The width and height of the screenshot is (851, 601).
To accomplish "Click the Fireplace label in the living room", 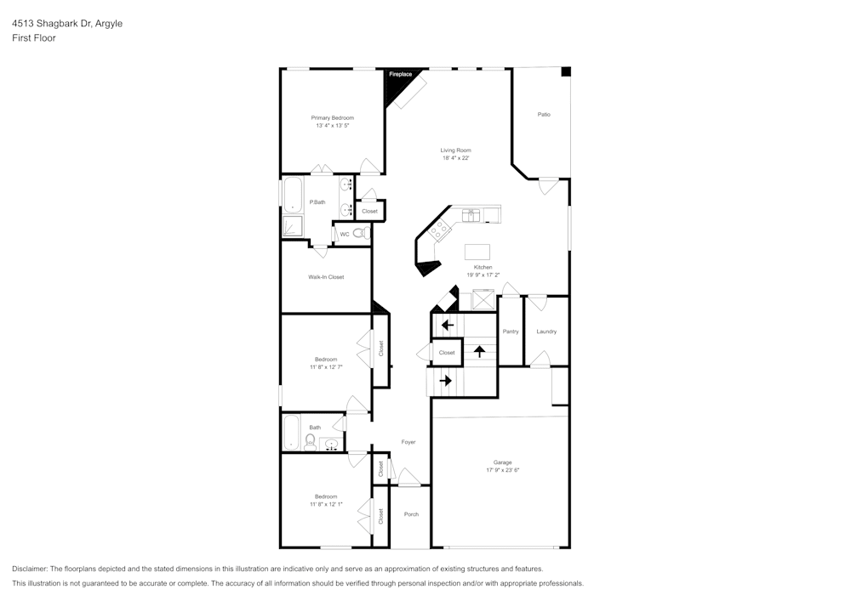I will [x=401, y=75].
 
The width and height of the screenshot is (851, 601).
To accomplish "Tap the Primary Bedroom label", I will [x=332, y=117].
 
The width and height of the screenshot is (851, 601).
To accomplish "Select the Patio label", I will [x=544, y=114].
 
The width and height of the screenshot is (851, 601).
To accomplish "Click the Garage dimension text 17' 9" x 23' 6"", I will [x=503, y=470].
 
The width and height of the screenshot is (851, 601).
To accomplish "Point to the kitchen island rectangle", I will [x=477, y=252].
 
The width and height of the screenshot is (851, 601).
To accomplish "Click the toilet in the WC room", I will [x=359, y=234].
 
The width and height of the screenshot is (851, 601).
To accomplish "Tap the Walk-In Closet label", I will [x=326, y=277].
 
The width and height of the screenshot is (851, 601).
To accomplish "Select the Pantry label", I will [x=511, y=332].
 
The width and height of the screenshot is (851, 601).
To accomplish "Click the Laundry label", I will [x=546, y=332].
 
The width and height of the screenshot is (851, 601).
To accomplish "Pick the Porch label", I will [x=411, y=514].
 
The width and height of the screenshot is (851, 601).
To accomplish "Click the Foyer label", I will [x=408, y=442].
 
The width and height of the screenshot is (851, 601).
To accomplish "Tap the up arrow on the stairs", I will [x=479, y=349].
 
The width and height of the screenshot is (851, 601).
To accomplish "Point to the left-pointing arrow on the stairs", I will [x=447, y=325].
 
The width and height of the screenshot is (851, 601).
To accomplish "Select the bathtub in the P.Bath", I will [x=291, y=196].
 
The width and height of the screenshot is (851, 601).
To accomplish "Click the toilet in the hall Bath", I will [x=311, y=440].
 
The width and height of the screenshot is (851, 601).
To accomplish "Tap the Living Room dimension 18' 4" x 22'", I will [x=455, y=158].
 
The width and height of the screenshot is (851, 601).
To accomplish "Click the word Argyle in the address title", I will [x=109, y=24].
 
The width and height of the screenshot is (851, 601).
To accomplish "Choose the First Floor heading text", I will [x=34, y=38].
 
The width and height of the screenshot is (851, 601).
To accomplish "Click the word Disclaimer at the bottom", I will [x=30, y=568].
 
